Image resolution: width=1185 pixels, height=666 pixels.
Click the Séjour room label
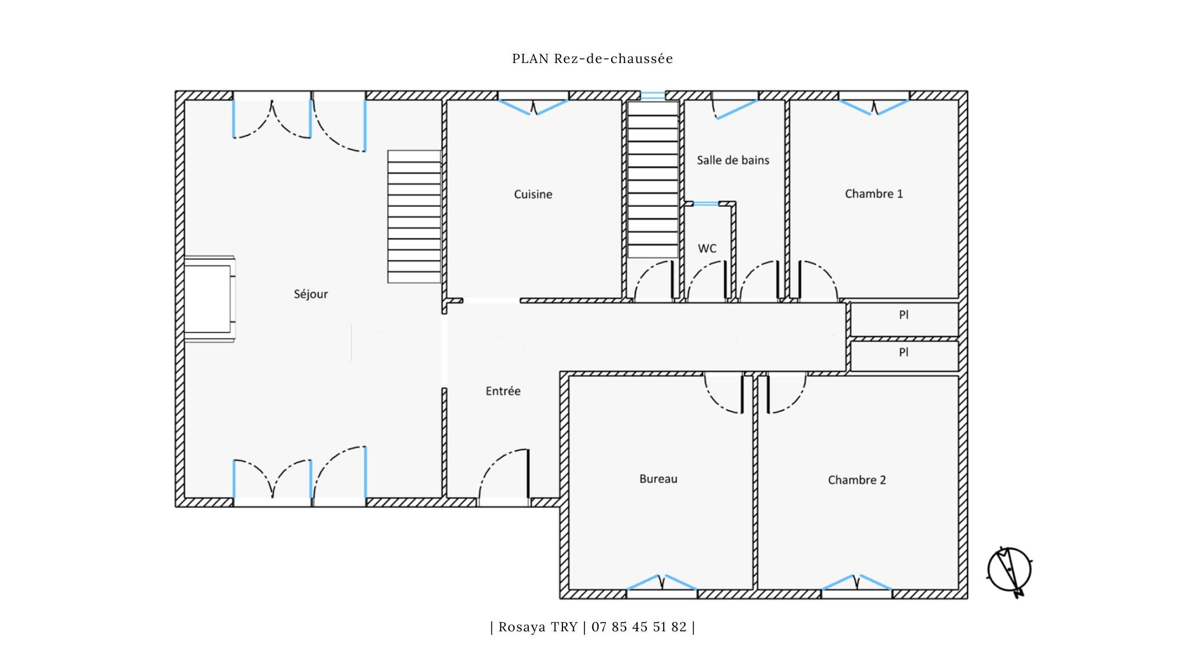[311, 294]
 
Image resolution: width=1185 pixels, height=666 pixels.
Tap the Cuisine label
[533, 194]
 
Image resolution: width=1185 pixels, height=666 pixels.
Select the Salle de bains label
[733, 160]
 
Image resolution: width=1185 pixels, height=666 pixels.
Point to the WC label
[707, 249]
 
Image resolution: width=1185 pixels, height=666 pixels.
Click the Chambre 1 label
[874, 194]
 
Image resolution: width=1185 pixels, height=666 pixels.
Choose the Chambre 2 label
[857, 480]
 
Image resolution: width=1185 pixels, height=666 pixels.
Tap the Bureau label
[658, 479]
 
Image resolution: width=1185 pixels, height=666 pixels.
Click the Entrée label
[503, 391]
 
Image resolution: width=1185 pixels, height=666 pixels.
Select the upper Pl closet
[904, 319]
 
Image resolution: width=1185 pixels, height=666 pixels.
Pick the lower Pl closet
[904, 356]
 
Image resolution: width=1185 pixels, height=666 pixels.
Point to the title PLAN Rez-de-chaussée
[592, 58]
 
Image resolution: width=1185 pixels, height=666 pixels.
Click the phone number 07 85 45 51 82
[639, 627]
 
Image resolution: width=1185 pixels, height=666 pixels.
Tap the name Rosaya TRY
[538, 627]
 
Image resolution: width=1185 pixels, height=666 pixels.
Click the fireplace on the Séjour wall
[209, 299]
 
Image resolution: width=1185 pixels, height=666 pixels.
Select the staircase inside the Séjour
[414, 217]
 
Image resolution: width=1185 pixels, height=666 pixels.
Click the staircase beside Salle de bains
[653, 179]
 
